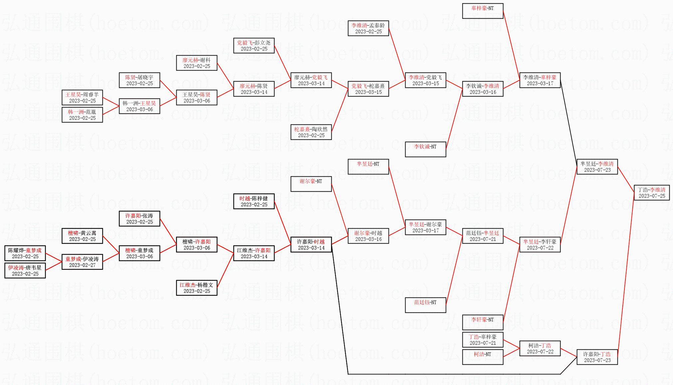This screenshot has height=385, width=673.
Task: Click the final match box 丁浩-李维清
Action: tap(651, 193)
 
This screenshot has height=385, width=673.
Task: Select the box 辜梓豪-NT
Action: tap(482, 11)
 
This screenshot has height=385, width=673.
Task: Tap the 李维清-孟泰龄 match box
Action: tap(368, 28)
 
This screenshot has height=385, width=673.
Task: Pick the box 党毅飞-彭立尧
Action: tap(254, 46)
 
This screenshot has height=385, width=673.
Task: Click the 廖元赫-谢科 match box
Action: tap(197, 63)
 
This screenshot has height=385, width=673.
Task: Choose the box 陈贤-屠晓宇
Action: tap(139, 80)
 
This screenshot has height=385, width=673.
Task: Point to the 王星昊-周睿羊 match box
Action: tap(82, 97)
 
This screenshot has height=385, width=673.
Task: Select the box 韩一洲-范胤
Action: tap(82, 115)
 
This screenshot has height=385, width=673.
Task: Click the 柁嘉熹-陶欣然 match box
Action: tap(311, 132)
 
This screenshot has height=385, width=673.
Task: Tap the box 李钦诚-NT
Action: tap(425, 149)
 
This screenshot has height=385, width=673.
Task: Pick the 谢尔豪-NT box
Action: tap(311, 184)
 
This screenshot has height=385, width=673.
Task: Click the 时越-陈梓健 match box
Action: tap(254, 201)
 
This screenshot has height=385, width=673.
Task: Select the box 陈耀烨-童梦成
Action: tap(25, 253)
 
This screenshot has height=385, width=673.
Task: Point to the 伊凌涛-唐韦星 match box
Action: tap(25, 271)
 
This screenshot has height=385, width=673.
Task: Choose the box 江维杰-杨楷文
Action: tap(197, 288)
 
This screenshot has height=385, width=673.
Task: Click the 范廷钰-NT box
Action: tap(425, 305)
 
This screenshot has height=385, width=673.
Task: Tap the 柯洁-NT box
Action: tap(482, 357)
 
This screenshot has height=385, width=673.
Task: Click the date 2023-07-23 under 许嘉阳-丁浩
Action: tap(597, 360)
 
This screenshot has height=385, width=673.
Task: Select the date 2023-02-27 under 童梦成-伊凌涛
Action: tap(82, 265)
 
